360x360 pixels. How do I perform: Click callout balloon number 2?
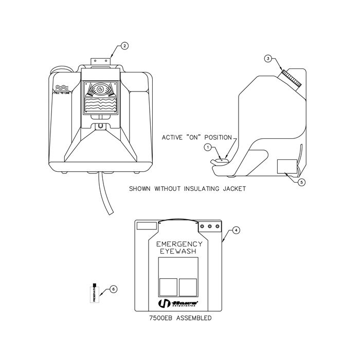(124, 46)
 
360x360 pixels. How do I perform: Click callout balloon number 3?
(267, 59)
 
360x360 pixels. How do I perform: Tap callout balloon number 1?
(208, 147)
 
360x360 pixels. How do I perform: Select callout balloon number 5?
(302, 182)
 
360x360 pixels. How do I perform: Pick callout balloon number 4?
(236, 230)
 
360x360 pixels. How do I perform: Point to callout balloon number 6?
(114, 289)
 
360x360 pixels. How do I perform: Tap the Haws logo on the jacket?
(177, 303)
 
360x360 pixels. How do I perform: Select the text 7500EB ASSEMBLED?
(177, 319)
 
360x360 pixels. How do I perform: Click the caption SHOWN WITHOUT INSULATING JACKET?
(187, 189)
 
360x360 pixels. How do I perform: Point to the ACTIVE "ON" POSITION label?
(199, 137)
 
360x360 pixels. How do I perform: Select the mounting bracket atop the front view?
(101, 61)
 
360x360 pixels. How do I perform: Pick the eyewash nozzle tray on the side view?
(219, 163)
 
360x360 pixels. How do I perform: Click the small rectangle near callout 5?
(286, 167)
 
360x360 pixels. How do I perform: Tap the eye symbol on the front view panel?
(101, 89)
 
